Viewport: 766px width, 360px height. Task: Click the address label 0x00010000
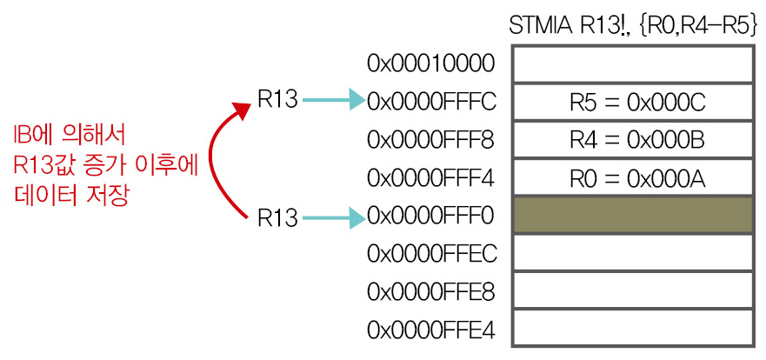tap(431, 64)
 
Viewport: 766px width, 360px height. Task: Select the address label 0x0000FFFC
tap(432, 102)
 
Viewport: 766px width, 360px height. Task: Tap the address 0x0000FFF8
tap(431, 140)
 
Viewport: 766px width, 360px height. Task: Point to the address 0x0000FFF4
tap(431, 177)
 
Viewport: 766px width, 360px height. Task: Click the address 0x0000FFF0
tap(431, 216)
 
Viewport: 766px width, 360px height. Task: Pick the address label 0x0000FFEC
tap(432, 254)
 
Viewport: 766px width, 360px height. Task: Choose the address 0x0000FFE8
tap(431, 292)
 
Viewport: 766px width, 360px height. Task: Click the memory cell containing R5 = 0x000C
tap(633, 102)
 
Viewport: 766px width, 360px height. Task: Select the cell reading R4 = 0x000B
tap(633, 140)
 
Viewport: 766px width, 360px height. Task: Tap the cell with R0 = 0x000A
tap(633, 177)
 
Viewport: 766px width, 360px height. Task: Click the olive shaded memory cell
tap(633, 216)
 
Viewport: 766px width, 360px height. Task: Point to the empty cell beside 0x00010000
tap(633, 64)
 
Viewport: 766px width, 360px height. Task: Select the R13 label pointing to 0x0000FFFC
tap(277, 100)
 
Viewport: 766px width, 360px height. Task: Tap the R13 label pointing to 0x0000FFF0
tap(277, 218)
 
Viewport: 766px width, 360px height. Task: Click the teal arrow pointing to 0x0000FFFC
tap(334, 101)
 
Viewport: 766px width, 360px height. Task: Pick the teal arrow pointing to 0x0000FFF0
tap(334, 218)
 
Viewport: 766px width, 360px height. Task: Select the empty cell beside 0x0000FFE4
tap(633, 329)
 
